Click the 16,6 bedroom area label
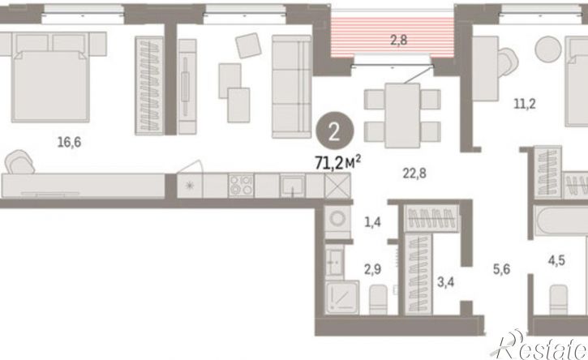(70, 143)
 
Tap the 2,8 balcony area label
(399, 40)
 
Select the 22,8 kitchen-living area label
(414, 174)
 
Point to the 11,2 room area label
(525, 104)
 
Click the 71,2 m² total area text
(338, 163)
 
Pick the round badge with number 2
(334, 131)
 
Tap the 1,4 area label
(373, 222)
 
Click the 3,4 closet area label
(445, 281)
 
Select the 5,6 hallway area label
(501, 269)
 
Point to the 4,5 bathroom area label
(556, 260)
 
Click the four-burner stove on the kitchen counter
(241, 185)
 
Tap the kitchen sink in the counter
(293, 185)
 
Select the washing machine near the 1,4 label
(337, 220)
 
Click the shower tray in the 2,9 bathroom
(341, 298)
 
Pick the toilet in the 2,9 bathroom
(379, 300)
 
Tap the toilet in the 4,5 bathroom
(559, 300)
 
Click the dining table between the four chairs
(402, 115)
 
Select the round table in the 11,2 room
(548, 49)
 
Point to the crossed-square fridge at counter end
(337, 185)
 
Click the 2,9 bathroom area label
(373, 269)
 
